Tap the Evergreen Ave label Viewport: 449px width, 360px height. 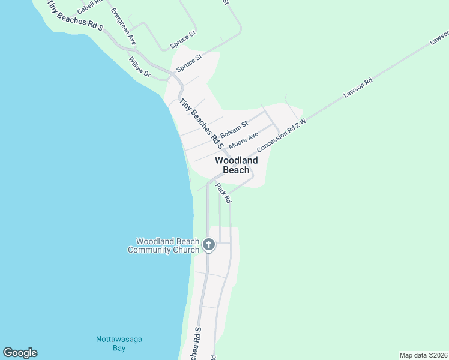click(124, 27)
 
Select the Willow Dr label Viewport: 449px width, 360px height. click(139, 67)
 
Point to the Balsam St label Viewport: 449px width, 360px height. click(234, 129)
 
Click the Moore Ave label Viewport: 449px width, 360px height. click(243, 142)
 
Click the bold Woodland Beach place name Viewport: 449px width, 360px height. click(236, 165)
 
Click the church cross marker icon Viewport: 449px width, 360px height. click(208, 244)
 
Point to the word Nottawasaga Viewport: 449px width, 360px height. click(119, 340)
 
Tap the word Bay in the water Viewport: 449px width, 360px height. click(119, 348)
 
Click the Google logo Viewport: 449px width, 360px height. click(20, 353)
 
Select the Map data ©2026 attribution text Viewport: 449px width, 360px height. click(423, 355)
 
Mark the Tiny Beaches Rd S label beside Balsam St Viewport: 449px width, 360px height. click(201, 124)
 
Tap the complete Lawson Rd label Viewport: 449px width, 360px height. click(358, 88)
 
